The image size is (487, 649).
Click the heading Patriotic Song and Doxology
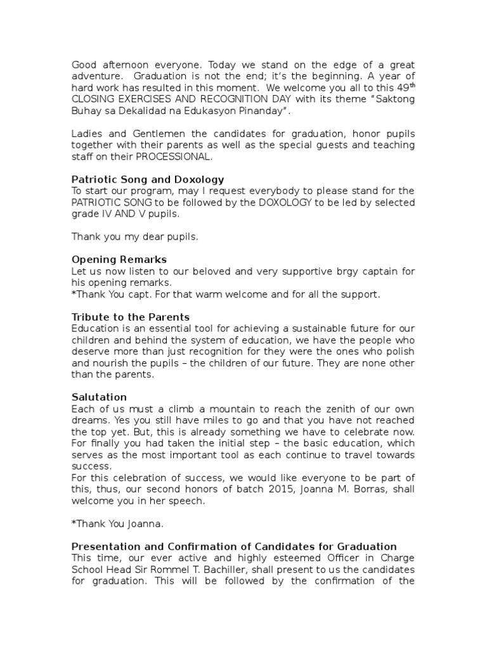(x=148, y=179)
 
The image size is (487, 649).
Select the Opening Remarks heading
(x=119, y=260)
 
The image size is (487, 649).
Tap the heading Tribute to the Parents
(x=131, y=317)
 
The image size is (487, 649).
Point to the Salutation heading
(x=99, y=397)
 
